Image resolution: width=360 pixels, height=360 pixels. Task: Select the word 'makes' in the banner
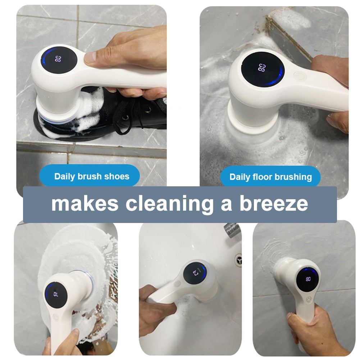point(85,204)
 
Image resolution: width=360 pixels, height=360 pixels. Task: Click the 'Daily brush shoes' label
point(92,177)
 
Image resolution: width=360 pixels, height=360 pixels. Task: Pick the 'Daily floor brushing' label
point(270,177)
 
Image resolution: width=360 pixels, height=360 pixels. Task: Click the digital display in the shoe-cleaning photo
point(58,59)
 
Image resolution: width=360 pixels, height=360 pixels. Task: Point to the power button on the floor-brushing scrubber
point(298,76)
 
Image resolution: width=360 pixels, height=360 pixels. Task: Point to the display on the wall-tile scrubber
point(308,279)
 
